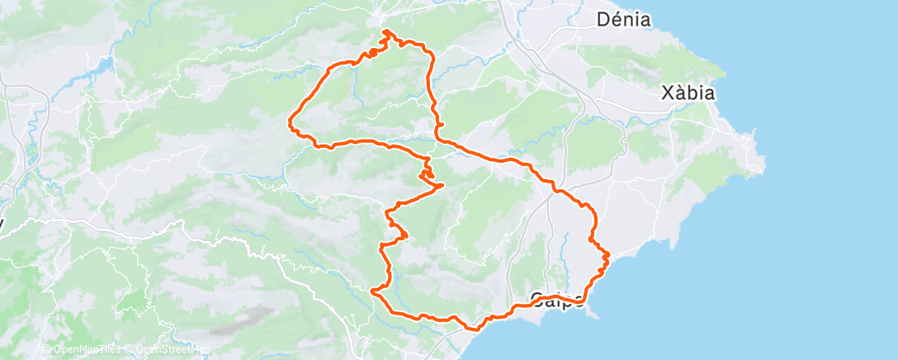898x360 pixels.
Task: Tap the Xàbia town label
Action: point(688,93)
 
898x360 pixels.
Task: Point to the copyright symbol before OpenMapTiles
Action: point(46,349)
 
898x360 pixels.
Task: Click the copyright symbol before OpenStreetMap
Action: point(128,349)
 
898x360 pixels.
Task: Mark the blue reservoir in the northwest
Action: point(105,64)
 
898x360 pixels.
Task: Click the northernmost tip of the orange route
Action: point(385,31)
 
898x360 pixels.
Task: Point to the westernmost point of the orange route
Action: point(289,123)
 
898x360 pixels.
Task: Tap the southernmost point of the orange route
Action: point(473,329)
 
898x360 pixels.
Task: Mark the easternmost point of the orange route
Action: point(609,255)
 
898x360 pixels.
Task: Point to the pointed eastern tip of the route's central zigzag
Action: point(444,184)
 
